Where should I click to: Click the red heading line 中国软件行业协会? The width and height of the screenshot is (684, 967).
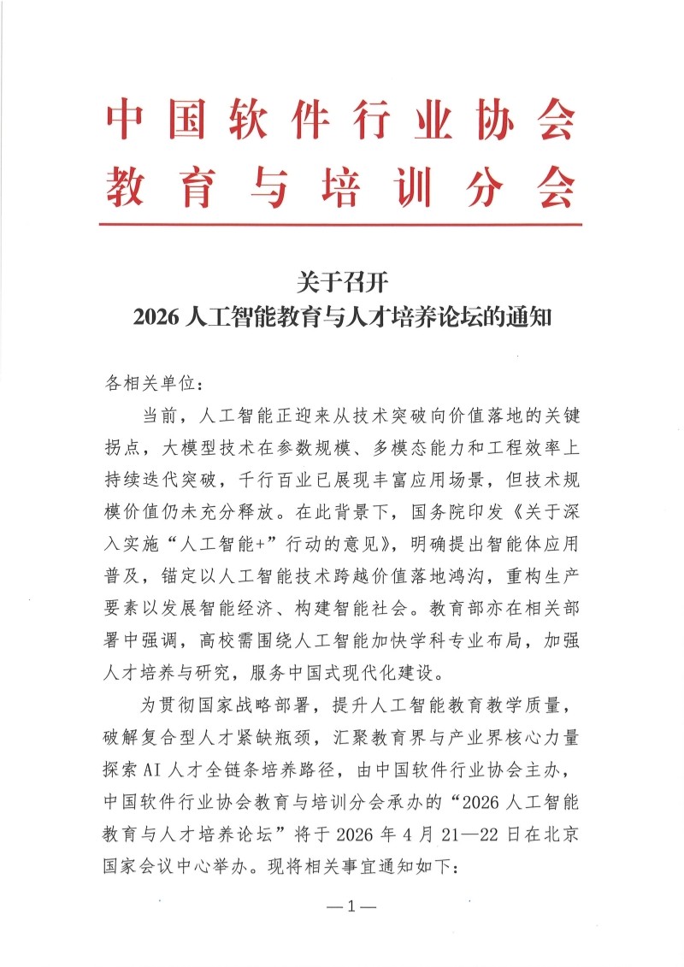tap(340, 122)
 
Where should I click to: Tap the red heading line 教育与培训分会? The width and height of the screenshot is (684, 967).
tap(340, 187)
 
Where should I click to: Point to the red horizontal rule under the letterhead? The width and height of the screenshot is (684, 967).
tap(340, 225)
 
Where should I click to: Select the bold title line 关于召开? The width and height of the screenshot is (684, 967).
tap(340, 280)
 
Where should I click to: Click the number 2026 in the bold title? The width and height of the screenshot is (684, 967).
tap(153, 319)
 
